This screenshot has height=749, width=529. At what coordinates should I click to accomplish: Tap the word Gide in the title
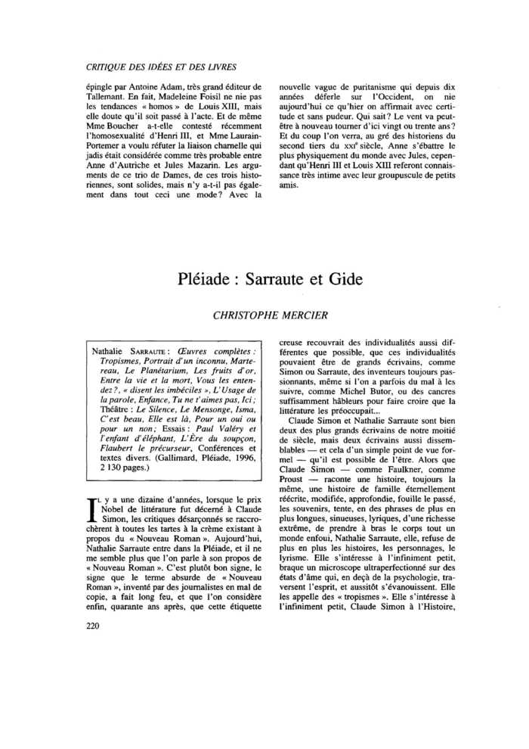[344, 278]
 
